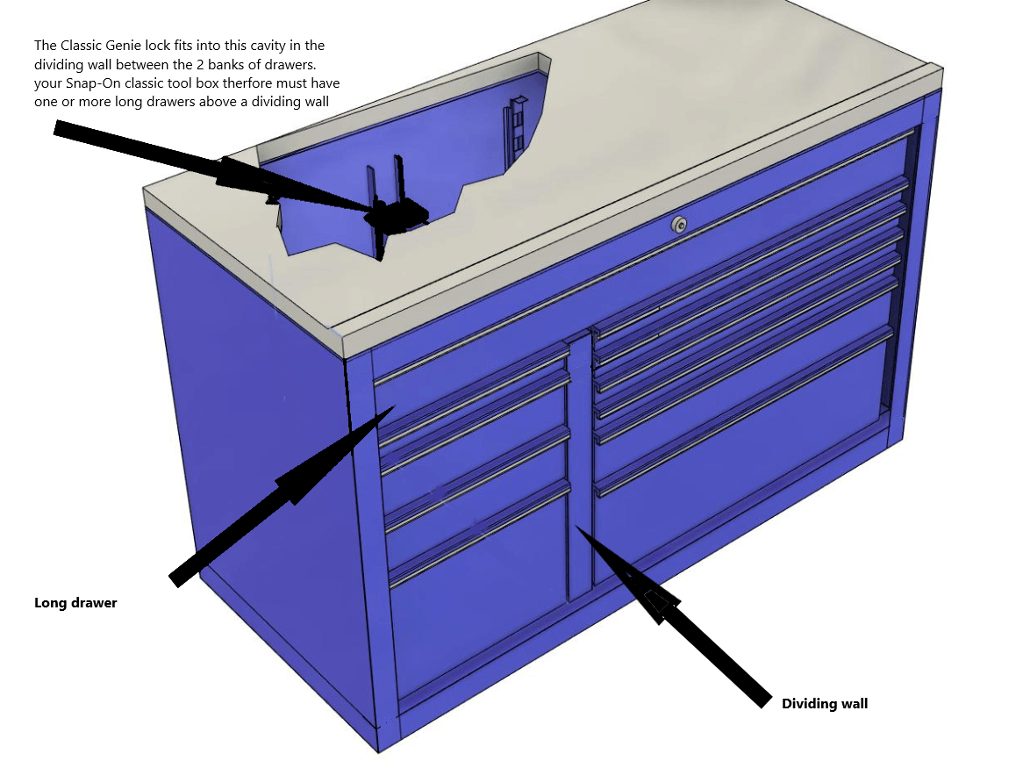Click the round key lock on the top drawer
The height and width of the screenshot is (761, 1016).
coord(679,225)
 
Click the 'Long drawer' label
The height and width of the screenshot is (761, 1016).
coord(75,603)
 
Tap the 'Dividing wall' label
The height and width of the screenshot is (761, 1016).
coord(824,704)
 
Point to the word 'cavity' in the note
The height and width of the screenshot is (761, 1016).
coord(268,46)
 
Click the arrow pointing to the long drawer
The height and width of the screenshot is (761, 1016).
coord(282,497)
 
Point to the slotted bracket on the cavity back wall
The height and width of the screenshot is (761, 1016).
coord(515,130)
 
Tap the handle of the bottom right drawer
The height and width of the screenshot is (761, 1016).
coord(743,413)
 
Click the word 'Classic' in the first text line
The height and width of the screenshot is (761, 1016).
coord(81,46)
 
